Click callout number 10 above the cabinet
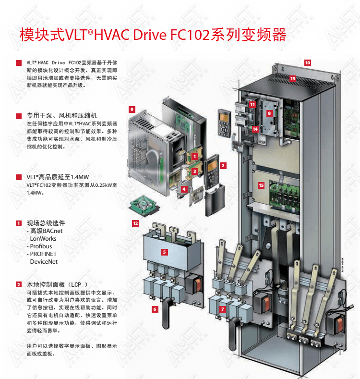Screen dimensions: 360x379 click(307, 63)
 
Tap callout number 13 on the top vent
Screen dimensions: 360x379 click(293, 79)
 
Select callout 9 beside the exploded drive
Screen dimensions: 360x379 click(132, 109)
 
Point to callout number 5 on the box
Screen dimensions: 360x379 click(164, 252)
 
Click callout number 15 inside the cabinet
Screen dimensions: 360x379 click(261, 185)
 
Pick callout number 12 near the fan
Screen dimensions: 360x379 click(135, 223)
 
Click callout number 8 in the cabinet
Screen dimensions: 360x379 click(269, 113)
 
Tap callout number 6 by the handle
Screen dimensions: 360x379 click(155, 309)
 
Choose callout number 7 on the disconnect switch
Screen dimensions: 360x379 click(223, 309)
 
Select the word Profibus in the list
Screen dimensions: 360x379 click(41, 246)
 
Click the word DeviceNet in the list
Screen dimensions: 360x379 click(44, 262)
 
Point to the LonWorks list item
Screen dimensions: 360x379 click(43, 239)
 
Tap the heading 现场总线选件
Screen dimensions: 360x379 click(46, 223)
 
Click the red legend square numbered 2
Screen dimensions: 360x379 click(19, 284)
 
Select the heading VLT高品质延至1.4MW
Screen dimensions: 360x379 click(58, 177)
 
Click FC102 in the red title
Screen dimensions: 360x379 click(190, 35)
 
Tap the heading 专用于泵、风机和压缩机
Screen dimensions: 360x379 click(61, 116)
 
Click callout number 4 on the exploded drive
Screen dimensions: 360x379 click(184, 189)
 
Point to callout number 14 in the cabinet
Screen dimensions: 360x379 click(255, 129)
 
